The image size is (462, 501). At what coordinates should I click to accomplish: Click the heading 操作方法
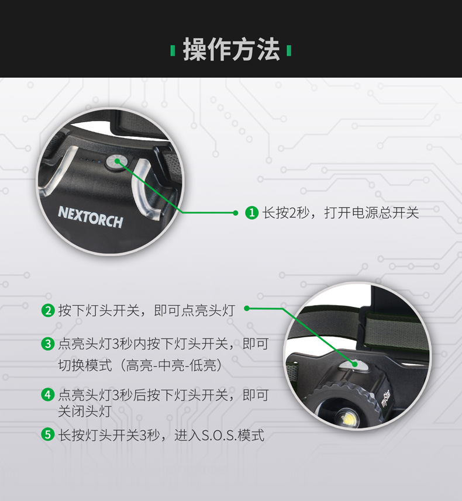coord(231,50)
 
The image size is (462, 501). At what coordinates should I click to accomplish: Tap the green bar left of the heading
coord(173,51)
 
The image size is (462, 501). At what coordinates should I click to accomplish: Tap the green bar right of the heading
coord(289,51)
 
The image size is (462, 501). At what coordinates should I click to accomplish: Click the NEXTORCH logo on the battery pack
coord(91,217)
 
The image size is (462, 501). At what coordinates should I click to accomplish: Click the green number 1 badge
coord(251,212)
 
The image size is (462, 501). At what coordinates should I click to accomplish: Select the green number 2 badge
coord(48,310)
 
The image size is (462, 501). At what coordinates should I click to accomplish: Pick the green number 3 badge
coord(48,344)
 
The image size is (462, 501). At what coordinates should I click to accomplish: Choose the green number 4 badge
coord(48,395)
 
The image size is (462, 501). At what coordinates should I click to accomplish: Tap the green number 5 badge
coord(48,434)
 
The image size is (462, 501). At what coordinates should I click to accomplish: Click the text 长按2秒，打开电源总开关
coord(340,213)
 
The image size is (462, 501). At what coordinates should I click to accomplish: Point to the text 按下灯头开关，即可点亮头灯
coord(146,310)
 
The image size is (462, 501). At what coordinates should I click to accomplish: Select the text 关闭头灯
coord(85,411)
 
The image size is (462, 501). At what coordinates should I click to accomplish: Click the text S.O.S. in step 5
coord(219,435)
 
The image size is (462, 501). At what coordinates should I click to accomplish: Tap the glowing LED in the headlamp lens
coord(348,418)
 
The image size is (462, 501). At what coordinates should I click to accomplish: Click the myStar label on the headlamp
coord(385,399)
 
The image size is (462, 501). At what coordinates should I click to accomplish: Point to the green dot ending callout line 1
coord(236,213)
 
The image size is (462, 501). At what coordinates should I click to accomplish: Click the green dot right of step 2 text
coord(247,308)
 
